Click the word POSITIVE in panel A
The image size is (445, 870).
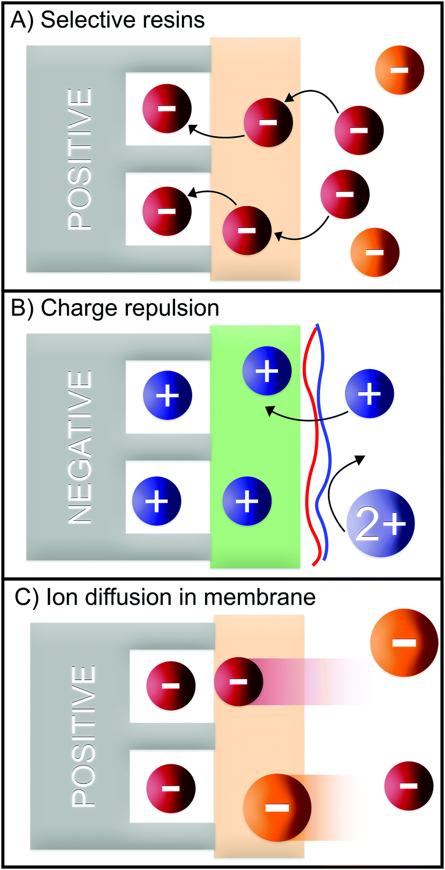click(79, 158)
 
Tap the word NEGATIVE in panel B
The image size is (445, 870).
click(79, 447)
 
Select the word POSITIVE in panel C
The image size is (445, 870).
click(83, 736)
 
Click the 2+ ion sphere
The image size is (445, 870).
click(380, 523)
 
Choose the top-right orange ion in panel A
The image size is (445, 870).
click(399, 69)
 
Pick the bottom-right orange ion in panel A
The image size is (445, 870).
click(375, 252)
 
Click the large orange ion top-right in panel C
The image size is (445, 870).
click(404, 643)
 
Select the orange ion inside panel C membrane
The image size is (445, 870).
click(277, 808)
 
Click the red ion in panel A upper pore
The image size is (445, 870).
click(167, 108)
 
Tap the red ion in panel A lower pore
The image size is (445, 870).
click(167, 211)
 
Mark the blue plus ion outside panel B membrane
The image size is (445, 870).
click(369, 394)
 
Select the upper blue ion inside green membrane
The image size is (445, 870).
click(267, 371)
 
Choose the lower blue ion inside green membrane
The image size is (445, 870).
click(247, 500)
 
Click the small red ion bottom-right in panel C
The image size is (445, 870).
click(408, 786)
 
